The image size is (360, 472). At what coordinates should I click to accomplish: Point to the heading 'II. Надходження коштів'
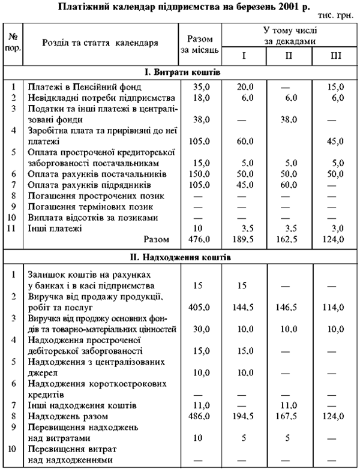(183, 257)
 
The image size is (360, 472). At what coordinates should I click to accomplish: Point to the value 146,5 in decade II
(289, 305)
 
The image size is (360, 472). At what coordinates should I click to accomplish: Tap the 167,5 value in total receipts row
(289, 415)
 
